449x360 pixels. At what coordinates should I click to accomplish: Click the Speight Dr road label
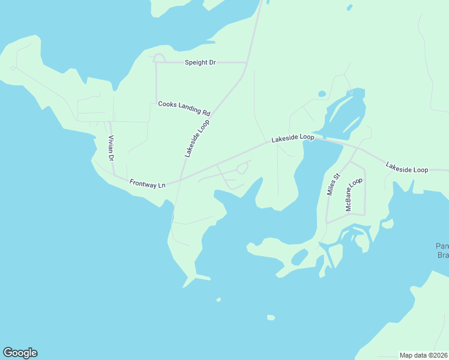coord(200,62)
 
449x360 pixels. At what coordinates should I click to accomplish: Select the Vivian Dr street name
coord(111,149)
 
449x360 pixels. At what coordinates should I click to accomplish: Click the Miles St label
coord(333,184)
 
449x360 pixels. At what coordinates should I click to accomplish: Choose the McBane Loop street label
coord(354,194)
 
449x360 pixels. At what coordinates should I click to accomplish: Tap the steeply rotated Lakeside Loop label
coord(197,137)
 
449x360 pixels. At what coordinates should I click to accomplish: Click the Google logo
coord(20,353)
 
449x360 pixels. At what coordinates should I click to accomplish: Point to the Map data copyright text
coord(423,355)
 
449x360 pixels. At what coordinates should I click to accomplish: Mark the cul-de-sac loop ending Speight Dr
coord(159,58)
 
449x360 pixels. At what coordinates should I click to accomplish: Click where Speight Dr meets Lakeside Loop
coord(247,62)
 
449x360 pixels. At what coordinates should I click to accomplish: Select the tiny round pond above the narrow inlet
coord(322,94)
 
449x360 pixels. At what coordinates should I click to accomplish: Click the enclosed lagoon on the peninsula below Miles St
coord(300,257)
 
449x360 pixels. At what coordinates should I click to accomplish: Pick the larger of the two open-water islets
coord(271,317)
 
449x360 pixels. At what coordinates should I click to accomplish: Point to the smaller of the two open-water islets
coord(218,299)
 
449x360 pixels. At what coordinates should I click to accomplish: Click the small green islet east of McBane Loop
coord(387,224)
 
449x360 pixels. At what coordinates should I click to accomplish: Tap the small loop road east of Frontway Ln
coord(243,169)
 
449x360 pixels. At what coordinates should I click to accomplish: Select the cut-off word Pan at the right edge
coord(442,246)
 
